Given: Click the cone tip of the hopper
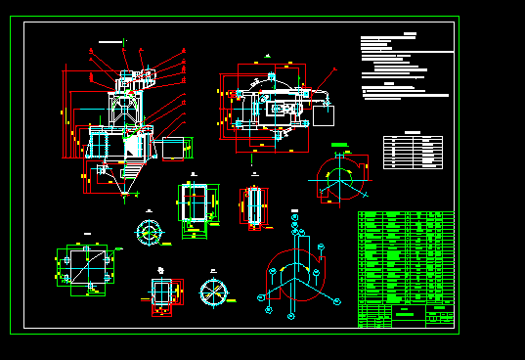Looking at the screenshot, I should coord(124,196).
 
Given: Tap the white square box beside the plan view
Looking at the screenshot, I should coord(324,115).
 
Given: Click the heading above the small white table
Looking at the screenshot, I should coord(414,131).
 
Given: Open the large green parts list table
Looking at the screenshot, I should coord(406,256).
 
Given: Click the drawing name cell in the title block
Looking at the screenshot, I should coord(405,314).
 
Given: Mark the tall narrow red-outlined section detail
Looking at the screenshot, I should coord(255,206).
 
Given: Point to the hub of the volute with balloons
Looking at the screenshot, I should coord(293,273).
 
